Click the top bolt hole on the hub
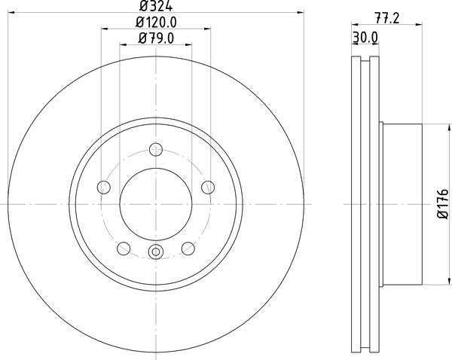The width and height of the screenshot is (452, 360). tap(155, 148)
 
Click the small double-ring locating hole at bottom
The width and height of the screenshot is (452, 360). tap(155, 253)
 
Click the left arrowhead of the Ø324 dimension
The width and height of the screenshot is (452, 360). tap(11, 14)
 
